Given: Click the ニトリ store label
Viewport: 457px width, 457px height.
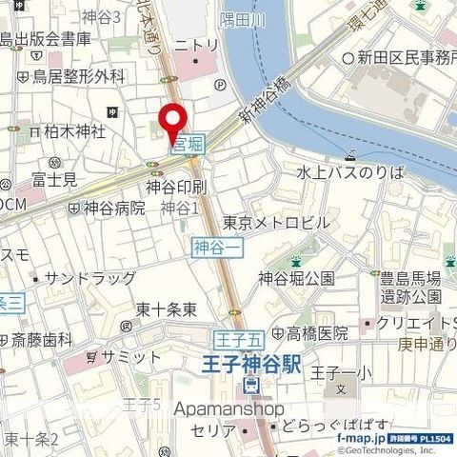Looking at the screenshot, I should pyautogui.click(x=197, y=44).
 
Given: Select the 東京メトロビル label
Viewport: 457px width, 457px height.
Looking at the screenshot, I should pyautogui.click(x=276, y=222).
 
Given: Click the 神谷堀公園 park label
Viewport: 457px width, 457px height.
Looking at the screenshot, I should pyautogui.click(x=296, y=278).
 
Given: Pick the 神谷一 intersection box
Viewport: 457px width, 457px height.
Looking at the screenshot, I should pyautogui.click(x=209, y=248).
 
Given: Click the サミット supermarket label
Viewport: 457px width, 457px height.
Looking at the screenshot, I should pyautogui.click(x=131, y=356).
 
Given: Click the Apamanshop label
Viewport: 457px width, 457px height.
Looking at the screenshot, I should pyautogui.click(x=229, y=408).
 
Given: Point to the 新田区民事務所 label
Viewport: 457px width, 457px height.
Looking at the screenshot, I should pyautogui.click(x=406, y=58).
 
